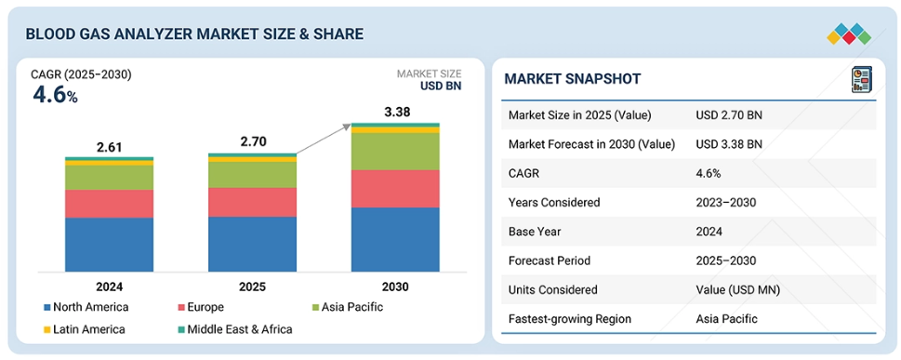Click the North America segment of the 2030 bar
point(395,239)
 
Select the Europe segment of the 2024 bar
point(109,204)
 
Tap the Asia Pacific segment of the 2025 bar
point(252,174)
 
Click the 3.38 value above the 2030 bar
point(397,113)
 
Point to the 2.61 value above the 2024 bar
point(109,147)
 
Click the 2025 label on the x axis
point(252,287)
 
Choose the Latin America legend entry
point(85,329)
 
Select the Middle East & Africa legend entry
point(235,329)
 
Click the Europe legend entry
point(201,307)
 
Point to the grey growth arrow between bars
point(324,139)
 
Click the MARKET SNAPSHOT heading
point(573,79)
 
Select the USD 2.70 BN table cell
point(729,115)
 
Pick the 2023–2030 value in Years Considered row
point(725,203)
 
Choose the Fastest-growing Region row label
point(569,318)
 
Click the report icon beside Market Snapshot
point(861,79)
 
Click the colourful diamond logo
point(849,33)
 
